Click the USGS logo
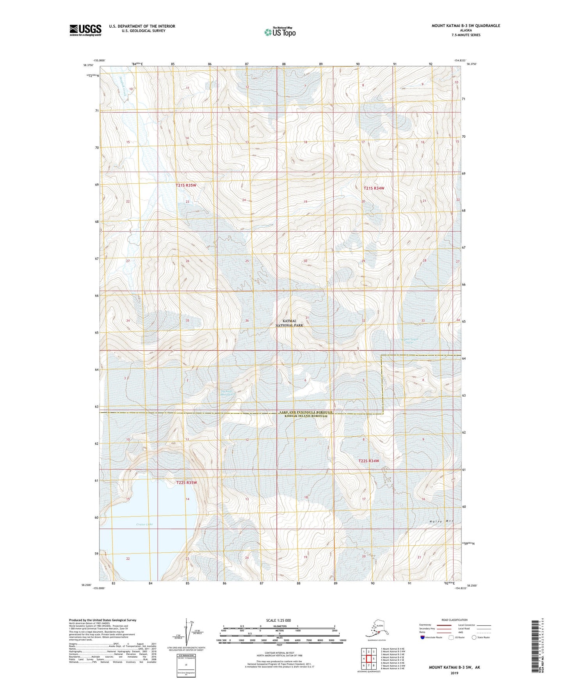[x=85, y=30]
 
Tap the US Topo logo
[x=279, y=32]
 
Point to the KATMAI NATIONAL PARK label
[x=289, y=323]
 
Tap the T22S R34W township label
[x=368, y=461]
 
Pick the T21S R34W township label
[x=374, y=188]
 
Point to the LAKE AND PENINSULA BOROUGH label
[x=306, y=412]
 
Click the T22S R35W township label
[x=186, y=482]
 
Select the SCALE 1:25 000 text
[x=278, y=620]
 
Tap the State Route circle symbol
[x=474, y=637]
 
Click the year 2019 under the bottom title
[x=454, y=673]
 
